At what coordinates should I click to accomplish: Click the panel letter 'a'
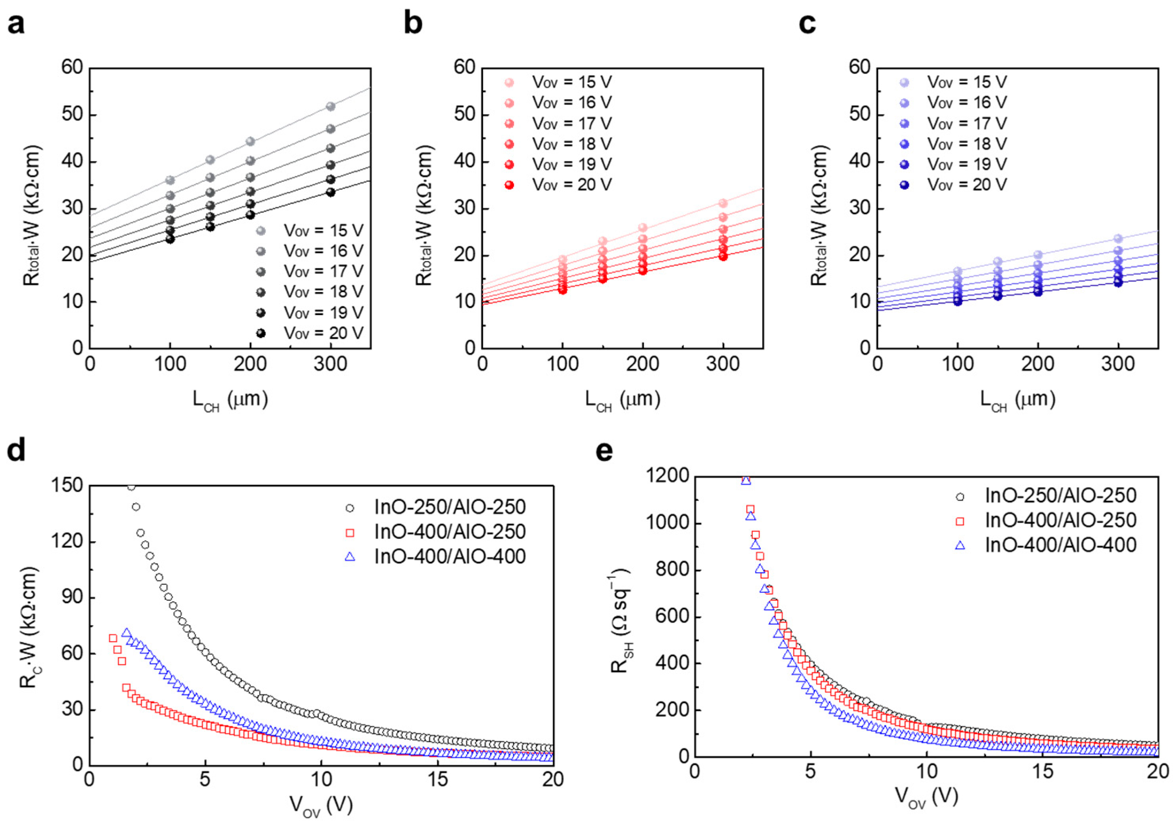(16, 24)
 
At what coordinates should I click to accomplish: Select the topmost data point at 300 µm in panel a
(331, 107)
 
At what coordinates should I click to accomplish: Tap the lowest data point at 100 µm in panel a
(170, 239)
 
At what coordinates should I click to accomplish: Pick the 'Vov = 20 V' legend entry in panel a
(324, 333)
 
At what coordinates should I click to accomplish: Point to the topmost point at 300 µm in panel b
(723, 203)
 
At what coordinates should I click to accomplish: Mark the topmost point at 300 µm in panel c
(1118, 239)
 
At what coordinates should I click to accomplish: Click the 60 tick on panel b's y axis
(464, 67)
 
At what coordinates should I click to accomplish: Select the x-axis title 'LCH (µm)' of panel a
(230, 399)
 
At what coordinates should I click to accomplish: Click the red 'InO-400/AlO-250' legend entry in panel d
(450, 532)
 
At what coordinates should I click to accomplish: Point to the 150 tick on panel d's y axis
(67, 485)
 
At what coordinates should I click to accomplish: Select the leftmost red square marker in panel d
(113, 638)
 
